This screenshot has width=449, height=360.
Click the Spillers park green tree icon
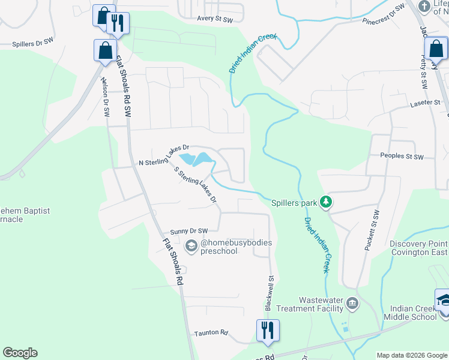[x=326, y=202]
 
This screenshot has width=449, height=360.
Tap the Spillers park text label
[x=294, y=203]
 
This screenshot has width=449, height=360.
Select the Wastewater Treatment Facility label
[x=321, y=304]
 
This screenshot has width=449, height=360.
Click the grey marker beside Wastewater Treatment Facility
[x=352, y=304]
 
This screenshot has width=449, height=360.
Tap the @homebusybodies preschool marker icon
[x=191, y=245]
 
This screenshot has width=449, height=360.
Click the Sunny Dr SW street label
[x=188, y=231]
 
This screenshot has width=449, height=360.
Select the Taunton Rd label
[x=211, y=332]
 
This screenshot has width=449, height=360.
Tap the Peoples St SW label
[x=402, y=157]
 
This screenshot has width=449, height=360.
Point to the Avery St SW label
[x=215, y=19]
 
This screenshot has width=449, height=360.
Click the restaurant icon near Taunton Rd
[x=267, y=329]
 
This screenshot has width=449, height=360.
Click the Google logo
[x=20, y=353]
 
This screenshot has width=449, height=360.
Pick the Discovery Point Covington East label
[x=418, y=248]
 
